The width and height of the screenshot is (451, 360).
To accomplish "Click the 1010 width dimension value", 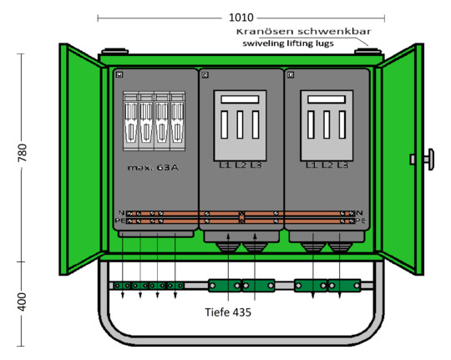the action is pyautogui.click(x=241, y=18).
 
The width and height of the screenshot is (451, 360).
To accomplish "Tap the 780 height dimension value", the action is pyautogui.click(x=23, y=153).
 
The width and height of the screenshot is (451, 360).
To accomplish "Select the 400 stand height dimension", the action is pyautogui.click(x=23, y=302).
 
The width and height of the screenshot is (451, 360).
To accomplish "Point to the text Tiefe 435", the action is pyautogui.click(x=228, y=312).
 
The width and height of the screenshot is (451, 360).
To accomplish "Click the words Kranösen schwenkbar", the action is pyautogui.click(x=303, y=32).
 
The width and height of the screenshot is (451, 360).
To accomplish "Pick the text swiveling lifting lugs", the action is pyautogui.click(x=288, y=43).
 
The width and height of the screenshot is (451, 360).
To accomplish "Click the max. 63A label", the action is pyautogui.click(x=153, y=168).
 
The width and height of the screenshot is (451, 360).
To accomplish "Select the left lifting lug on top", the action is pyautogui.click(x=114, y=52).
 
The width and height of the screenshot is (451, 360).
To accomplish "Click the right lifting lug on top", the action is pyautogui.click(x=367, y=52).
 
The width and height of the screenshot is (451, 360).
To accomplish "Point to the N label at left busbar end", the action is pyautogui.click(x=121, y=213).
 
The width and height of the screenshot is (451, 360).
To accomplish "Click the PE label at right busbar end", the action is pyautogui.click(x=361, y=221).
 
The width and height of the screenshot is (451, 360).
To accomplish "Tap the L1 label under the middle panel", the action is pyautogui.click(x=225, y=165).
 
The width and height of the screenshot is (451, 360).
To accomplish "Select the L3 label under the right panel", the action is pyautogui.click(x=342, y=165).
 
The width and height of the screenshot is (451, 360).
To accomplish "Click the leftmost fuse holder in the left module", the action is pyautogui.click(x=131, y=121).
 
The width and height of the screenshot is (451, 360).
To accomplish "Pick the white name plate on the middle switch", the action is pyautogui.click(x=240, y=99).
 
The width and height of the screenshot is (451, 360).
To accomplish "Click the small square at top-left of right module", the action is pyautogui.click(x=291, y=75).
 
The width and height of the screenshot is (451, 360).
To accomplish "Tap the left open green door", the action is pyautogui.click(x=81, y=160).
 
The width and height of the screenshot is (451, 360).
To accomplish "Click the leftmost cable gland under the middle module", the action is pyautogui.click(x=228, y=247).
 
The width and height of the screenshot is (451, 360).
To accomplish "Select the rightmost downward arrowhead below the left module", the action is pyautogui.click(x=175, y=295).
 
